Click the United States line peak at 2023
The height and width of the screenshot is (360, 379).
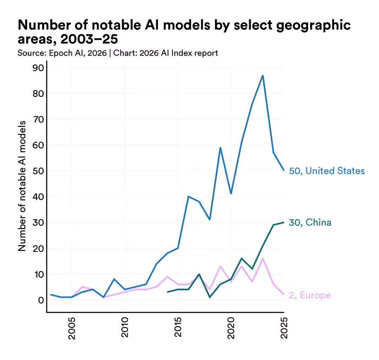click(263, 76)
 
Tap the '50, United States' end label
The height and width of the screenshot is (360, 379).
click(327, 171)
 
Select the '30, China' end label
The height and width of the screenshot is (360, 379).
click(310, 223)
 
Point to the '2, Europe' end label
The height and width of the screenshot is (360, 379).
click(310, 295)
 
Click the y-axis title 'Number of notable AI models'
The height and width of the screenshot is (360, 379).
click(22, 185)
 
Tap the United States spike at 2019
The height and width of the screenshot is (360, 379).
click(220, 148)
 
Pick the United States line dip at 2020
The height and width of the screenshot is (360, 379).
click(231, 194)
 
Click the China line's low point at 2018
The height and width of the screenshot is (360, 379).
click(210, 297)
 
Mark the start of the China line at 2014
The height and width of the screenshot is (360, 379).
click(168, 292)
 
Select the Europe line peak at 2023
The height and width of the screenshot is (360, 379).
click(263, 259)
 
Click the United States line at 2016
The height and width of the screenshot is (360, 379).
click(189, 196)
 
